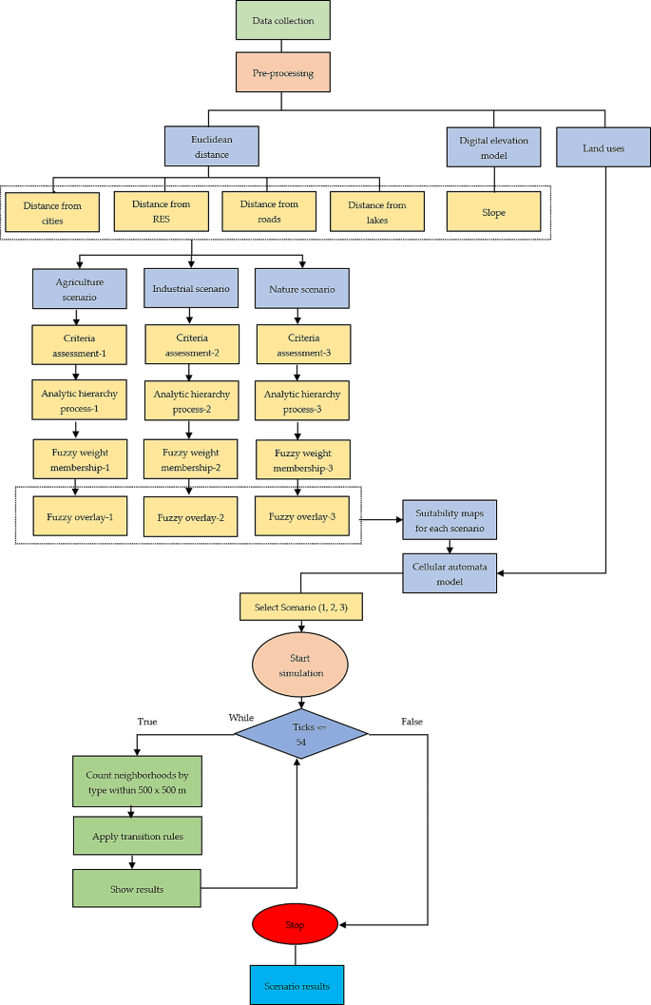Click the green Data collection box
[283, 21]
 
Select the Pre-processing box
[283, 71]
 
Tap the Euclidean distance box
[210, 147]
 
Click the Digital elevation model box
[493, 147]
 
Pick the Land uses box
[603, 148]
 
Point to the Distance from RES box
[161, 211]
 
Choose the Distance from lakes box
[377, 211]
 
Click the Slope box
[493, 211]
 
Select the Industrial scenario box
[190, 288]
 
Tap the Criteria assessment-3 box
[302, 345]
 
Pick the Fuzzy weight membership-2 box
[190, 459]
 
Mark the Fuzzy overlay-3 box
[302, 516]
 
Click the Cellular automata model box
[449, 573]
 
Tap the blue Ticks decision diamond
[301, 733]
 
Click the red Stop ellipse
[295, 924]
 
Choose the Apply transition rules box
[137, 837]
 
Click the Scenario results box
[296, 985]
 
